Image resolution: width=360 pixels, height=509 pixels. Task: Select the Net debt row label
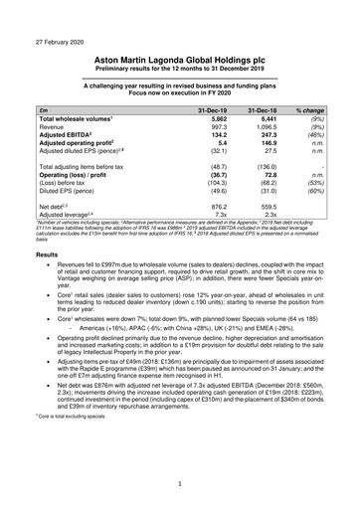(49, 204)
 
